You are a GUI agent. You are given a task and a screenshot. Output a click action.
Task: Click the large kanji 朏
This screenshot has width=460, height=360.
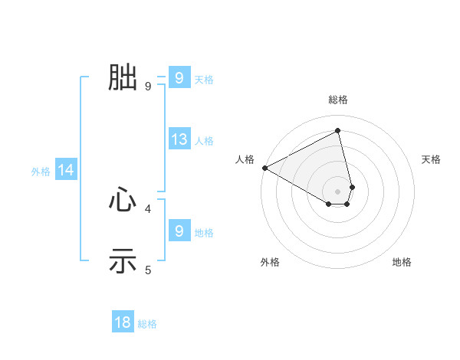coord(123,77)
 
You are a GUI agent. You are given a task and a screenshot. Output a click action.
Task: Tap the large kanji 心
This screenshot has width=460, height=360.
coord(123,200)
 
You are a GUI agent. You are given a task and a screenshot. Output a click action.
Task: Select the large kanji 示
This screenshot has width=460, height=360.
coord(123,261)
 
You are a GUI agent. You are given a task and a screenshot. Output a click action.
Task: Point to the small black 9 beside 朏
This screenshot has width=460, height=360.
coord(148,86)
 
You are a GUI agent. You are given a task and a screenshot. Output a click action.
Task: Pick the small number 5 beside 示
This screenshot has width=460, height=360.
coord(148,270)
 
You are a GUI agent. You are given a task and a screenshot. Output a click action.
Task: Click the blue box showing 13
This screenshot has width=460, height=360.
coord(179,139)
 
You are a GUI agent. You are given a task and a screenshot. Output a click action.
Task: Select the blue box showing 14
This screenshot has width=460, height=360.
coord(66,170)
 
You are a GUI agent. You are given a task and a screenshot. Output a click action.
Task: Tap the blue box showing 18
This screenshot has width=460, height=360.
coord(123,322)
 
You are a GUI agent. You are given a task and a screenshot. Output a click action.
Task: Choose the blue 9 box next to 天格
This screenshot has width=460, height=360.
coord(179,77)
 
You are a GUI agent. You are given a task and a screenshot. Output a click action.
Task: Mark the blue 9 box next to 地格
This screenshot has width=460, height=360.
coord(179,231)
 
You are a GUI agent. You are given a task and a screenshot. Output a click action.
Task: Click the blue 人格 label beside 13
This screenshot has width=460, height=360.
coord(204,141)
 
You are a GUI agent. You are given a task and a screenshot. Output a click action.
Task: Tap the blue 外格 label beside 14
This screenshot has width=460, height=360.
coord(41,172)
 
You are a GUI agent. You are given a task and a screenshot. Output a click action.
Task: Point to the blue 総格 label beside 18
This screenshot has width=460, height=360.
coord(147,324)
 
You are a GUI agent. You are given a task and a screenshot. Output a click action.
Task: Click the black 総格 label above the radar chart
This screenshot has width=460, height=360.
coord(338,100)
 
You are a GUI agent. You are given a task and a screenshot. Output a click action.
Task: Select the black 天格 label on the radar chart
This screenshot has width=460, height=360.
coord(432,159)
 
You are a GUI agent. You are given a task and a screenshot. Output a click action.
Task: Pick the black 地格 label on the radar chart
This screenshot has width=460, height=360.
coord(402,262)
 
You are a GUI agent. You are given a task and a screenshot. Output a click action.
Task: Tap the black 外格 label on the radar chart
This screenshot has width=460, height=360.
coord(270,262)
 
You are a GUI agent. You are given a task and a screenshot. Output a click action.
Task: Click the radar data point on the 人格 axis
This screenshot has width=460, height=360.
coord(264,168)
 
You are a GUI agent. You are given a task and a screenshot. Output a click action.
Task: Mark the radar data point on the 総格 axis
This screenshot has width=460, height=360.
coord(338,130)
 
